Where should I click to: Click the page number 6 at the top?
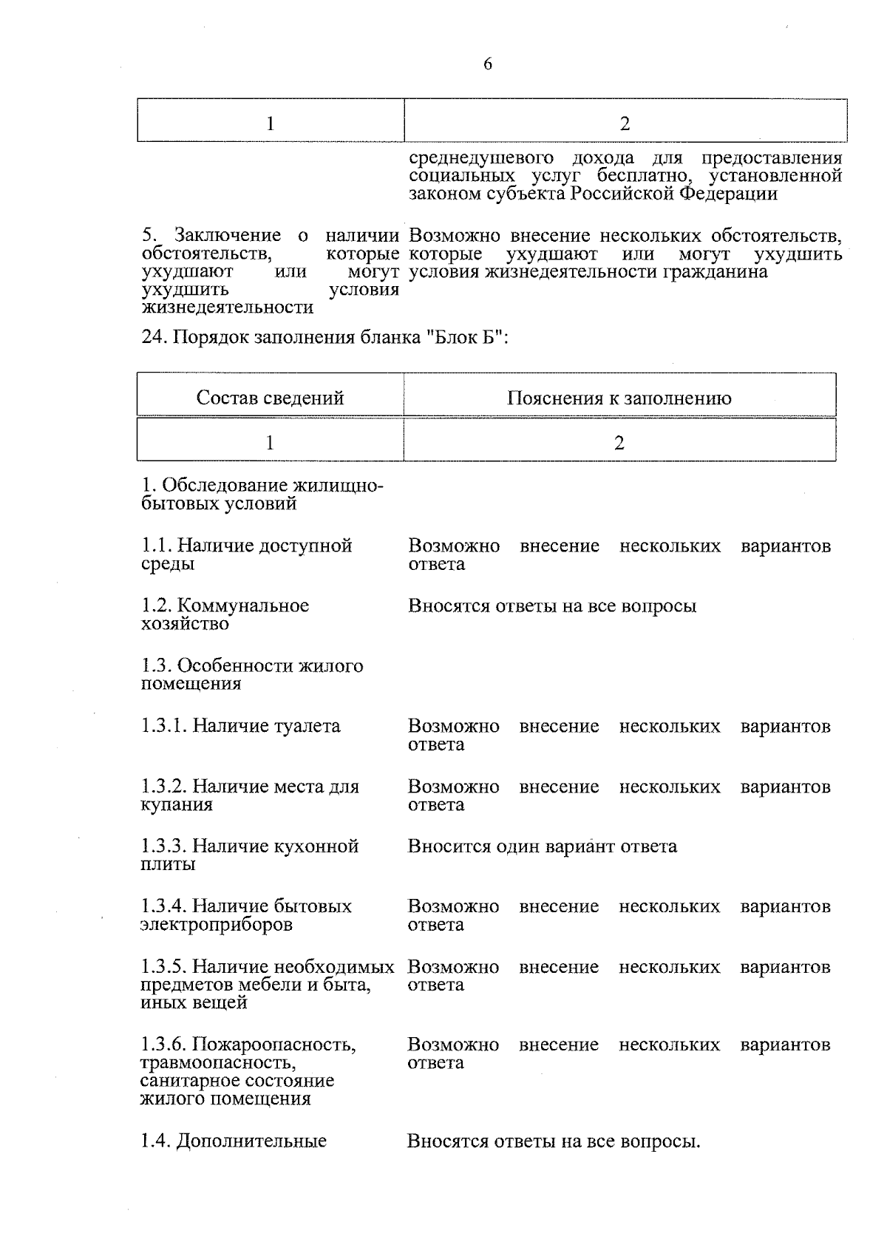[x=487, y=64]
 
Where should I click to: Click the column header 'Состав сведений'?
[x=270, y=398]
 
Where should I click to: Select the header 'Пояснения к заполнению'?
[x=619, y=398]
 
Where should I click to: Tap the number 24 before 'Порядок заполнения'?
[x=152, y=338]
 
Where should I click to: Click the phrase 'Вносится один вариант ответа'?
[x=542, y=846]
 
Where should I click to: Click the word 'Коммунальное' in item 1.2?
[x=243, y=606]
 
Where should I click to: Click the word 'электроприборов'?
[x=217, y=925]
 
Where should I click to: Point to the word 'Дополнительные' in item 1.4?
[x=252, y=1141]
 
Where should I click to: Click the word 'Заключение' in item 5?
[x=228, y=236]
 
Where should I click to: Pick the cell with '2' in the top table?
[x=625, y=123]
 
